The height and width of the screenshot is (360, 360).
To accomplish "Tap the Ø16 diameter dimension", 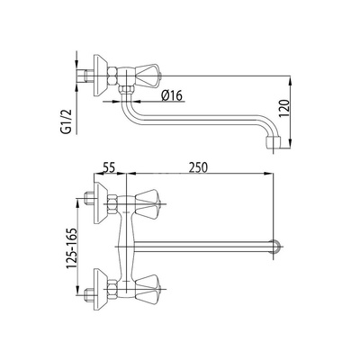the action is point(172,95).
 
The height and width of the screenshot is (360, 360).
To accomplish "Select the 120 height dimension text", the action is point(284,107).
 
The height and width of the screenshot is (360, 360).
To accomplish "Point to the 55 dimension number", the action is point(109,167).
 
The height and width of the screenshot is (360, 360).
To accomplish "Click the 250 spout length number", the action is point(198,167).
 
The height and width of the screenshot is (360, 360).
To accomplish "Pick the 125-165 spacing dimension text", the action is point(72,248).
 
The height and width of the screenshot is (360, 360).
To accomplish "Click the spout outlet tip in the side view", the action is point(273,143).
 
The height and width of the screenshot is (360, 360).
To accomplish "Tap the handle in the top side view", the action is point(148,76).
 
